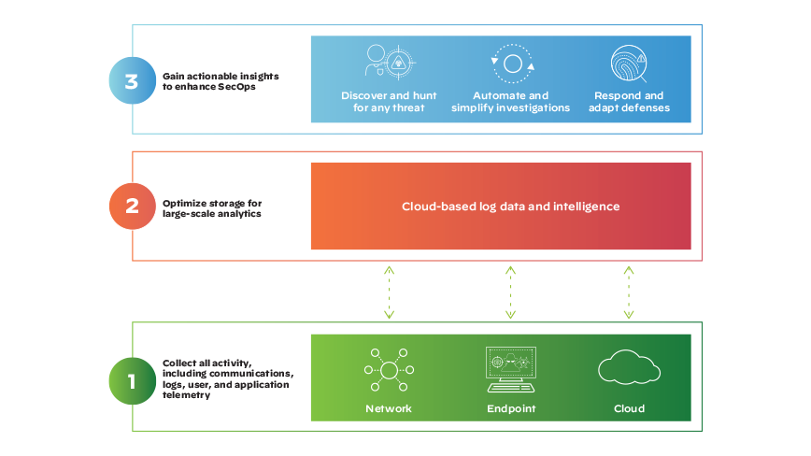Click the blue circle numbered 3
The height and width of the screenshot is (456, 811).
click(131, 80)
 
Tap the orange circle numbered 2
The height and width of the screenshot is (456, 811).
click(131, 207)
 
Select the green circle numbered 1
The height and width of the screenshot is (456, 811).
click(131, 381)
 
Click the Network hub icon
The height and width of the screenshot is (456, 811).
click(388, 370)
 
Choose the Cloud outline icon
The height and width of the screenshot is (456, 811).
click(629, 368)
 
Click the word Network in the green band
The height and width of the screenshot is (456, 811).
click(388, 408)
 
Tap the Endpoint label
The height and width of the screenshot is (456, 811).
click(510, 408)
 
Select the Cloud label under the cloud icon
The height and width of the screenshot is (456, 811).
click(629, 408)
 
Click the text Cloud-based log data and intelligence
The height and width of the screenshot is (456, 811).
click(510, 207)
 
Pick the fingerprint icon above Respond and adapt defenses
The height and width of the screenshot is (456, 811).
click(628, 65)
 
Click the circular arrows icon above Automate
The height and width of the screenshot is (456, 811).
click(511, 64)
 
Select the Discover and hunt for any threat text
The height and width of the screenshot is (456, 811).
click(383, 102)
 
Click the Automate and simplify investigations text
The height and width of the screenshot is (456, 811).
click(510, 102)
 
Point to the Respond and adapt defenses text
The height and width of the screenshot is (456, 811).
click(629, 102)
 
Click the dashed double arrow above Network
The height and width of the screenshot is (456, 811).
click(390, 292)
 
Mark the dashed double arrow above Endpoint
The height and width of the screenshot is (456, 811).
click(510, 292)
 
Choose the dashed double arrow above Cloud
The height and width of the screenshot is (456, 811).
click(628, 292)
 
